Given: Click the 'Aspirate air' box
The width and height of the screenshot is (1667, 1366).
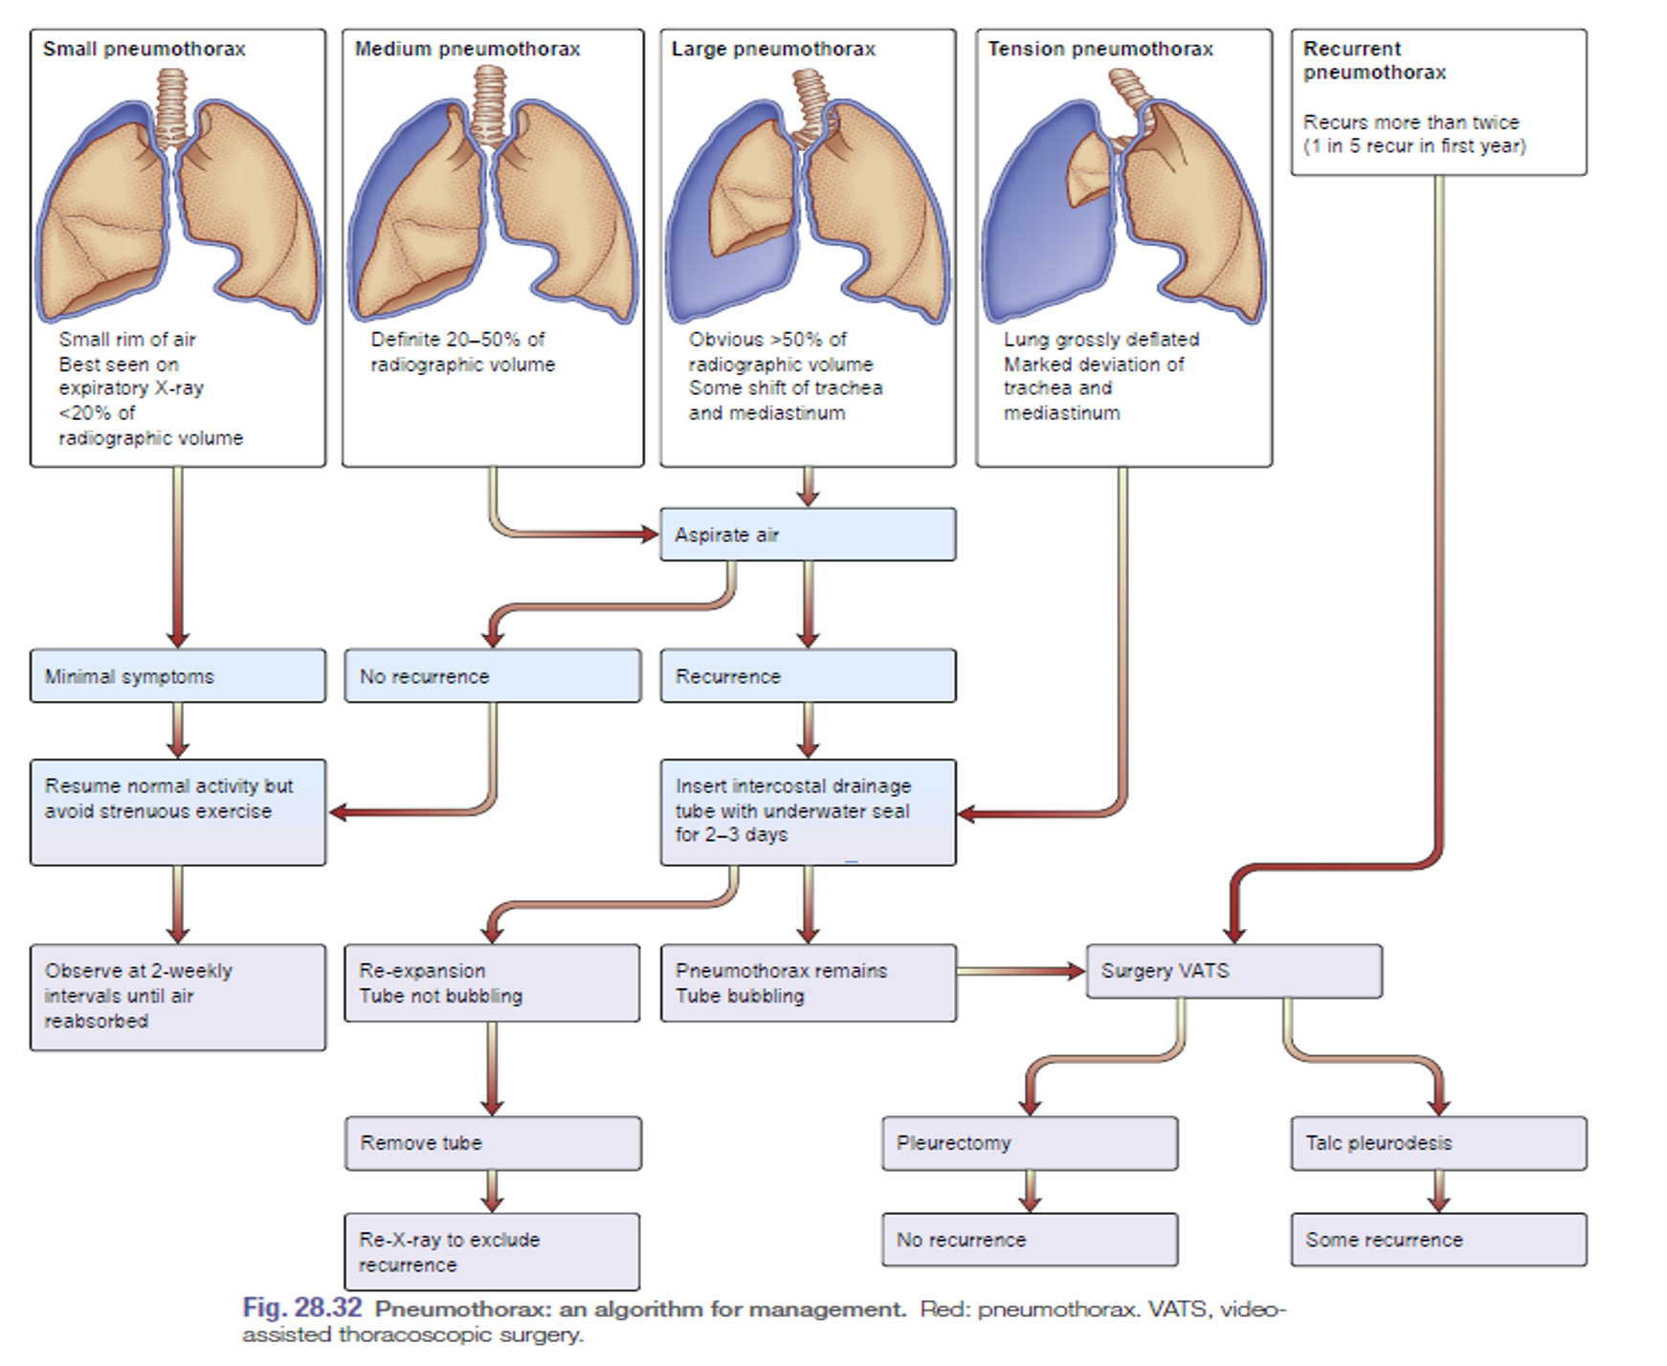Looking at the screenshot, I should [807, 535].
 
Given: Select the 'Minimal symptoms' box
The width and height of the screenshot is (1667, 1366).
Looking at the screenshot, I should [177, 676].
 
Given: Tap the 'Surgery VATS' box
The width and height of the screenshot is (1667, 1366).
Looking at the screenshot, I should [1233, 971].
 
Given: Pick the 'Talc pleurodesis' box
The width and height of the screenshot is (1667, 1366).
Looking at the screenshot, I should [1437, 1143].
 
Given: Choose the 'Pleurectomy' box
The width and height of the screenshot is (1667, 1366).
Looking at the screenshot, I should [1029, 1143].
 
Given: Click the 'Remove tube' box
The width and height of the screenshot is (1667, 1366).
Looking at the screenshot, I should [492, 1143].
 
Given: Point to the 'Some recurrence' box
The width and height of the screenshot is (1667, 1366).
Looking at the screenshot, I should [1437, 1240].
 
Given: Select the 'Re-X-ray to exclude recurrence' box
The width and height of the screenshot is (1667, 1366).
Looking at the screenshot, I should [492, 1252].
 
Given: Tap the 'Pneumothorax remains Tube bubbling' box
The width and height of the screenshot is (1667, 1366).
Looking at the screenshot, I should [807, 983].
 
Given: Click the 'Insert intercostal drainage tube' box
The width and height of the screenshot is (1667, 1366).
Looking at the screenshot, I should [807, 811].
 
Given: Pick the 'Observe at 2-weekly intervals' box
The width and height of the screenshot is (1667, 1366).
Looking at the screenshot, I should [177, 997].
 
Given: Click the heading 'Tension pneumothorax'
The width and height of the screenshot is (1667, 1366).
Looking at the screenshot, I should [1100, 49].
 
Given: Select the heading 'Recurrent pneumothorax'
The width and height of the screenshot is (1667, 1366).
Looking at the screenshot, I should [1374, 60].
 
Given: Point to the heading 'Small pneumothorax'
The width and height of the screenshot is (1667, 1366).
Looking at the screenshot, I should [144, 49].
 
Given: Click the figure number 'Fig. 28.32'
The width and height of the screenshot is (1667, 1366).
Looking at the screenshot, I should [301, 1308].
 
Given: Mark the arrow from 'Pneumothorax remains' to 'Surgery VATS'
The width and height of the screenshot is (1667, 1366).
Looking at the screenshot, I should [1020, 972].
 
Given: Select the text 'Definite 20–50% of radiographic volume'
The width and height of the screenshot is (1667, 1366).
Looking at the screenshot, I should [462, 352].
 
